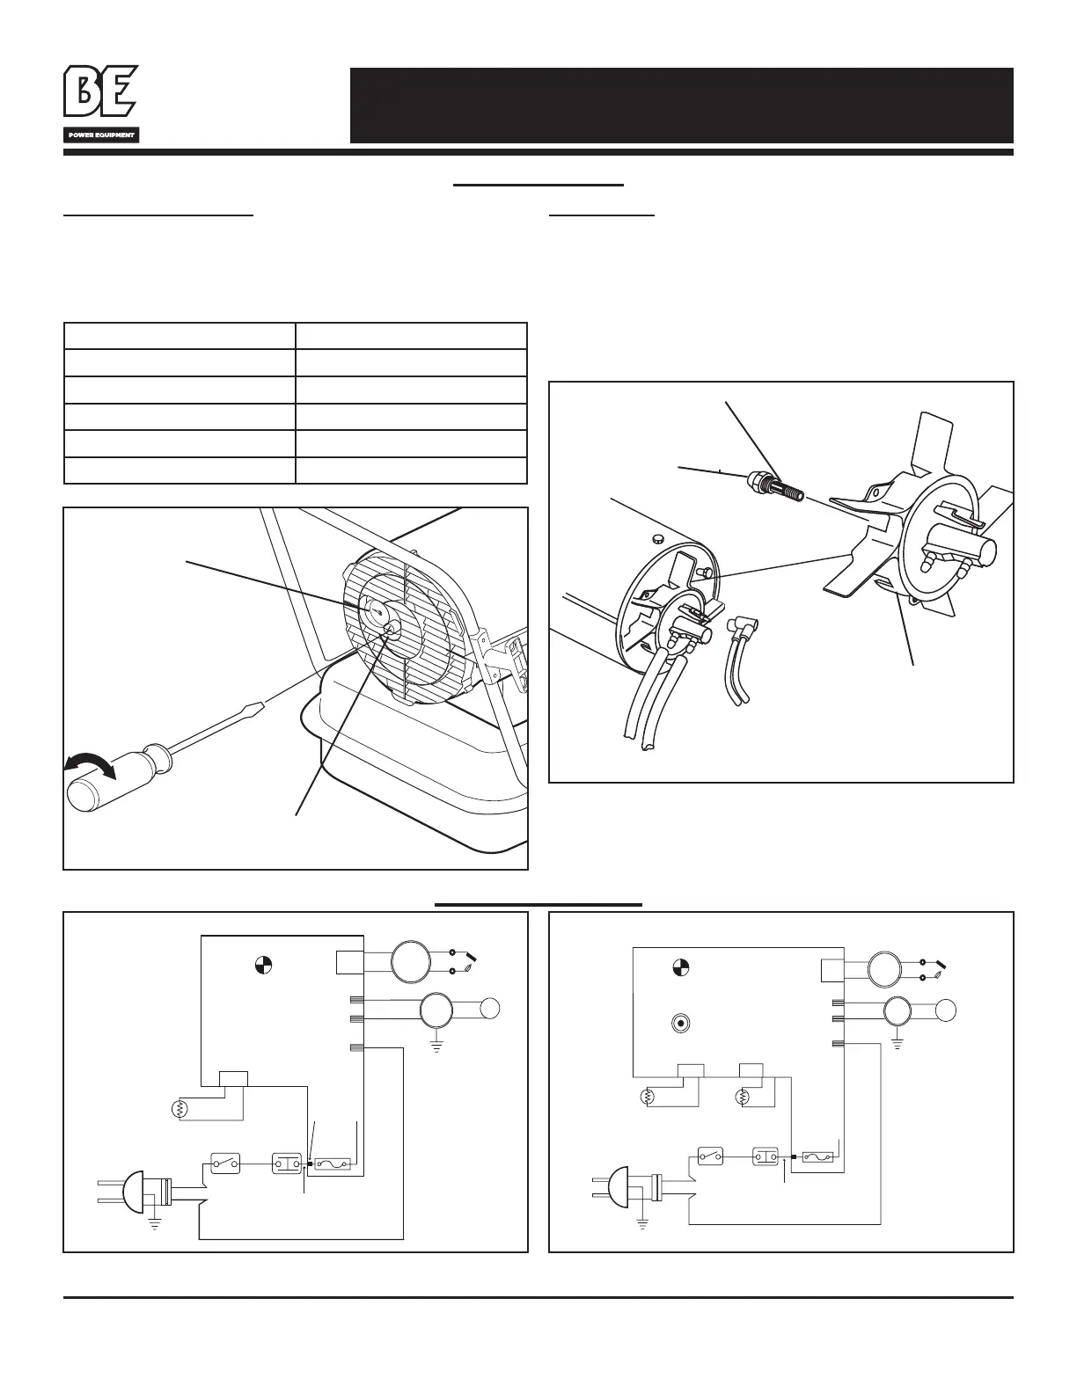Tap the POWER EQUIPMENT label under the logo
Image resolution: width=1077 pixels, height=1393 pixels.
[100, 135]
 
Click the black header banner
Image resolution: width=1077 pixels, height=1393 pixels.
[681, 106]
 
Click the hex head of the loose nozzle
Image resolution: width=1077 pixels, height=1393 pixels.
[756, 481]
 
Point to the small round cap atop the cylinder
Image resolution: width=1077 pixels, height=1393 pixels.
[657, 536]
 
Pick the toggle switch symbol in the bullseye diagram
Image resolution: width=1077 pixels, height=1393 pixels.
[711, 1155]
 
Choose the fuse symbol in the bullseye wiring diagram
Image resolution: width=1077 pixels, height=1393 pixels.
[815, 1157]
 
